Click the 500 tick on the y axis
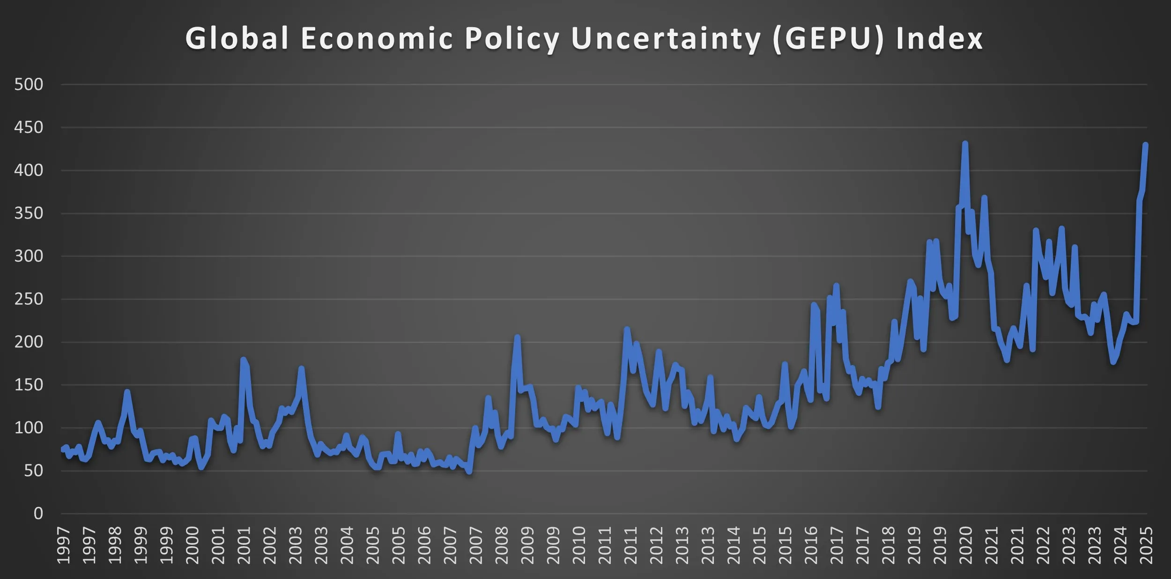[29, 85]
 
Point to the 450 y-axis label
[29, 127]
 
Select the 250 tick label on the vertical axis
[29, 299]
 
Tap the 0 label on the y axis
[38, 513]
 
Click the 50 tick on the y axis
[33, 471]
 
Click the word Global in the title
[237, 38]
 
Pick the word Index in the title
[939, 38]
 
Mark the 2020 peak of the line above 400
[965, 143]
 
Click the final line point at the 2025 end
[1145, 145]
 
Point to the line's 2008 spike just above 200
[517, 337]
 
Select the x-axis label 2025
[1146, 545]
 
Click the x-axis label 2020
[965, 545]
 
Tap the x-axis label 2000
[192, 545]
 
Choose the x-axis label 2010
[579, 545]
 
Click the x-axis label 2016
[810, 545]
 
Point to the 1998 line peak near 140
[127, 392]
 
